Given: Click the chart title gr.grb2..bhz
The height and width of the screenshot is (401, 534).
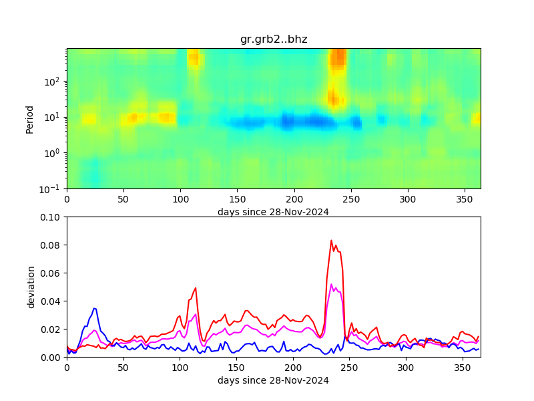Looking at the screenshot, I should pos(274,39).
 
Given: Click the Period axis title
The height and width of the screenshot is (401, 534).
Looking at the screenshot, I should pos(29,118).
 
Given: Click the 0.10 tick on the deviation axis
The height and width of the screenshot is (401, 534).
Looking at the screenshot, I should pos(52,217).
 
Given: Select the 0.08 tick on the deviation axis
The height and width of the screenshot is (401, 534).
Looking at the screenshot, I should pos(52,245).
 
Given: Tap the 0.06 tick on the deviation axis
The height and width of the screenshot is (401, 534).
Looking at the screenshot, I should pos(52,273).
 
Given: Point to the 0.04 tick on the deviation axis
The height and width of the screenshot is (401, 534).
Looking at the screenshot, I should pos(52,301).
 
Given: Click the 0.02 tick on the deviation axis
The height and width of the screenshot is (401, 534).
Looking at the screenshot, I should pos(52,329).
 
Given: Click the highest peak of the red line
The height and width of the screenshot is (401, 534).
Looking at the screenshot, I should pos(331,241).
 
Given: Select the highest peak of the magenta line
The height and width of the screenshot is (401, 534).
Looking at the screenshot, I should pos(331,284).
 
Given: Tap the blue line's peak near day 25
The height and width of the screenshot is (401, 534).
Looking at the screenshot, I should pos(95,308).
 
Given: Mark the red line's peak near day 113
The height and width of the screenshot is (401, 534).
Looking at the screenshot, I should pos(196,288).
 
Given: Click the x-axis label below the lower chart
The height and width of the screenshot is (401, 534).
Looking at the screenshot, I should pos(273,381).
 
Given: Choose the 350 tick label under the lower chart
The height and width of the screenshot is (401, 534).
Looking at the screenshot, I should pos(463,368).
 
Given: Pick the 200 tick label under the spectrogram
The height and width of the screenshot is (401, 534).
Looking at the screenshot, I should pos(293,199).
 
